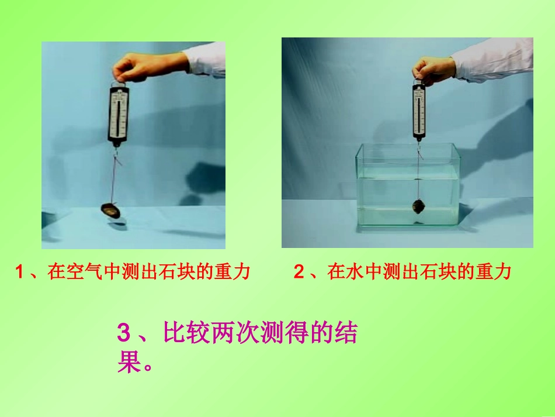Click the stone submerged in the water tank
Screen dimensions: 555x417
point(418,207)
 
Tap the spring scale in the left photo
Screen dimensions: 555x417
point(118,115)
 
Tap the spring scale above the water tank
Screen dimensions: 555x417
point(419,111)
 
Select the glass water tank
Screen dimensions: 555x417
point(407,184)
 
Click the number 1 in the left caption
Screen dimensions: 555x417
point(19,272)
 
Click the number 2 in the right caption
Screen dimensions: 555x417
point(299,272)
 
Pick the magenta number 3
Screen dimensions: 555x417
point(124,333)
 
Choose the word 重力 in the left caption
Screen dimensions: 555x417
point(232,272)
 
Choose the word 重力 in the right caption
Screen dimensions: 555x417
point(493,272)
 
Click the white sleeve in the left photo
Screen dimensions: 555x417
point(205,60)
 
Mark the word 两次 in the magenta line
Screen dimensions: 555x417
point(235,332)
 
